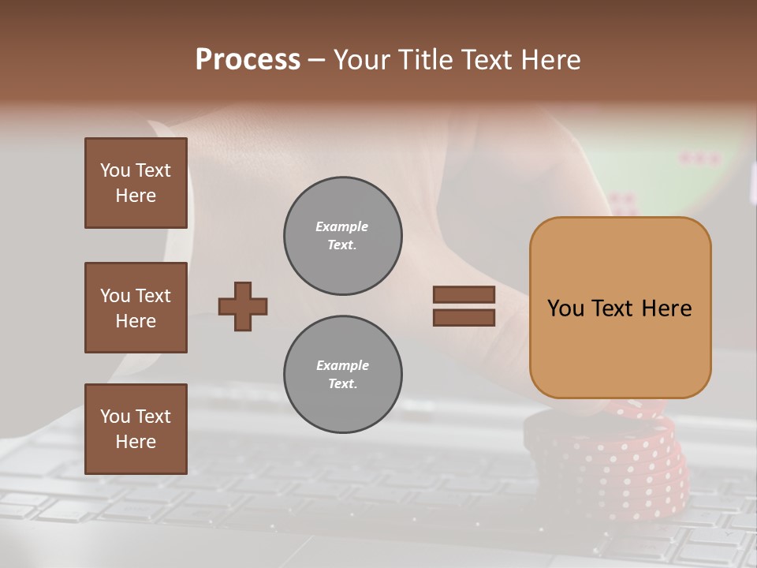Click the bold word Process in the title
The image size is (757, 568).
pos(248,60)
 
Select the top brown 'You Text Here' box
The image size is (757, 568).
pos(136,183)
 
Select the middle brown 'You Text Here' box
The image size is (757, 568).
pos(136,308)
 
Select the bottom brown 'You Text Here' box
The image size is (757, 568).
pos(136,429)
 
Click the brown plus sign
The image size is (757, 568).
pos(243,306)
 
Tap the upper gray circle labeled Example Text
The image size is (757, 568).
pos(342,236)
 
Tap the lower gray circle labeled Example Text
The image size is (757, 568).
pos(342,375)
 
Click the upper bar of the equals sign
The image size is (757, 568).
pos(464,294)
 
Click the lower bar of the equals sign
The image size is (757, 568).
pos(464,317)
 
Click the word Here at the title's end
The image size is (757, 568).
pos(549,60)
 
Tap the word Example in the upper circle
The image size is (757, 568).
pos(342,226)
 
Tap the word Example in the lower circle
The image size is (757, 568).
pos(342,365)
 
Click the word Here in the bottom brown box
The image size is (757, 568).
pos(136,442)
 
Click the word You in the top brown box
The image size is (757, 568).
pos(114,170)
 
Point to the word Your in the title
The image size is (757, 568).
pos(362,60)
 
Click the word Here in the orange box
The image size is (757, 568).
pos(666,308)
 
